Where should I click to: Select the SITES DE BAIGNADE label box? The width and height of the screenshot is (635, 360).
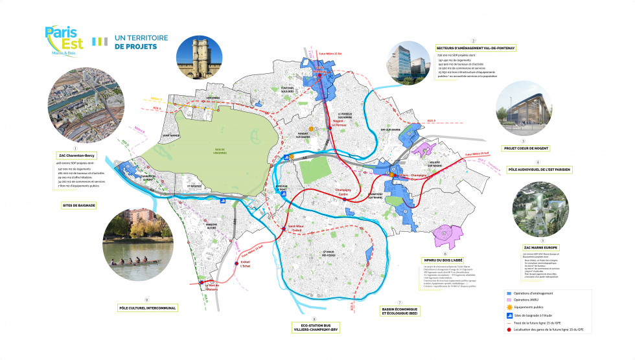point(78,205)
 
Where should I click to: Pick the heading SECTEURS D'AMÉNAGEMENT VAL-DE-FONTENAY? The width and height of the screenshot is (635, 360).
point(476,49)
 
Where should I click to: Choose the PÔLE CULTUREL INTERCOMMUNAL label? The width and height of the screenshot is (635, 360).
point(147,308)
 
